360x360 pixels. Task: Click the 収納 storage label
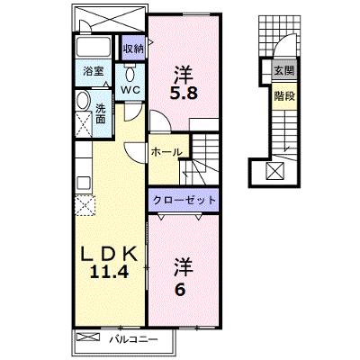tap(134, 49)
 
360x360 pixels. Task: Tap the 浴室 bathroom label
tap(94, 71)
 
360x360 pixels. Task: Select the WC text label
tap(130, 90)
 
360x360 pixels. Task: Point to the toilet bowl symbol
tap(130, 73)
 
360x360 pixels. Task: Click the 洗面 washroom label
tap(101, 113)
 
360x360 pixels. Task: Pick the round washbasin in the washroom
tap(83, 100)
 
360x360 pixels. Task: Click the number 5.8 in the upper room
tap(184, 94)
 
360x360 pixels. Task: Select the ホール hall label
tap(166, 152)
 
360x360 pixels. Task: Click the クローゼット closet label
tap(184, 200)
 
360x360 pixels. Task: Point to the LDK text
tap(110, 255)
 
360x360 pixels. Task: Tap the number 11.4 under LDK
tap(110, 272)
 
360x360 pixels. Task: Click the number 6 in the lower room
tap(179, 289)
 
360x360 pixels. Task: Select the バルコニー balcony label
tap(133, 339)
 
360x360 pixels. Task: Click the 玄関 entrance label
tap(284, 71)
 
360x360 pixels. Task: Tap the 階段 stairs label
tap(284, 96)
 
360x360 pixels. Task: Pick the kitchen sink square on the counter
tap(84, 183)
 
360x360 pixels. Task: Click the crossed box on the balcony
tap(88, 337)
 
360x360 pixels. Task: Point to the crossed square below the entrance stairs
tap(275, 170)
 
